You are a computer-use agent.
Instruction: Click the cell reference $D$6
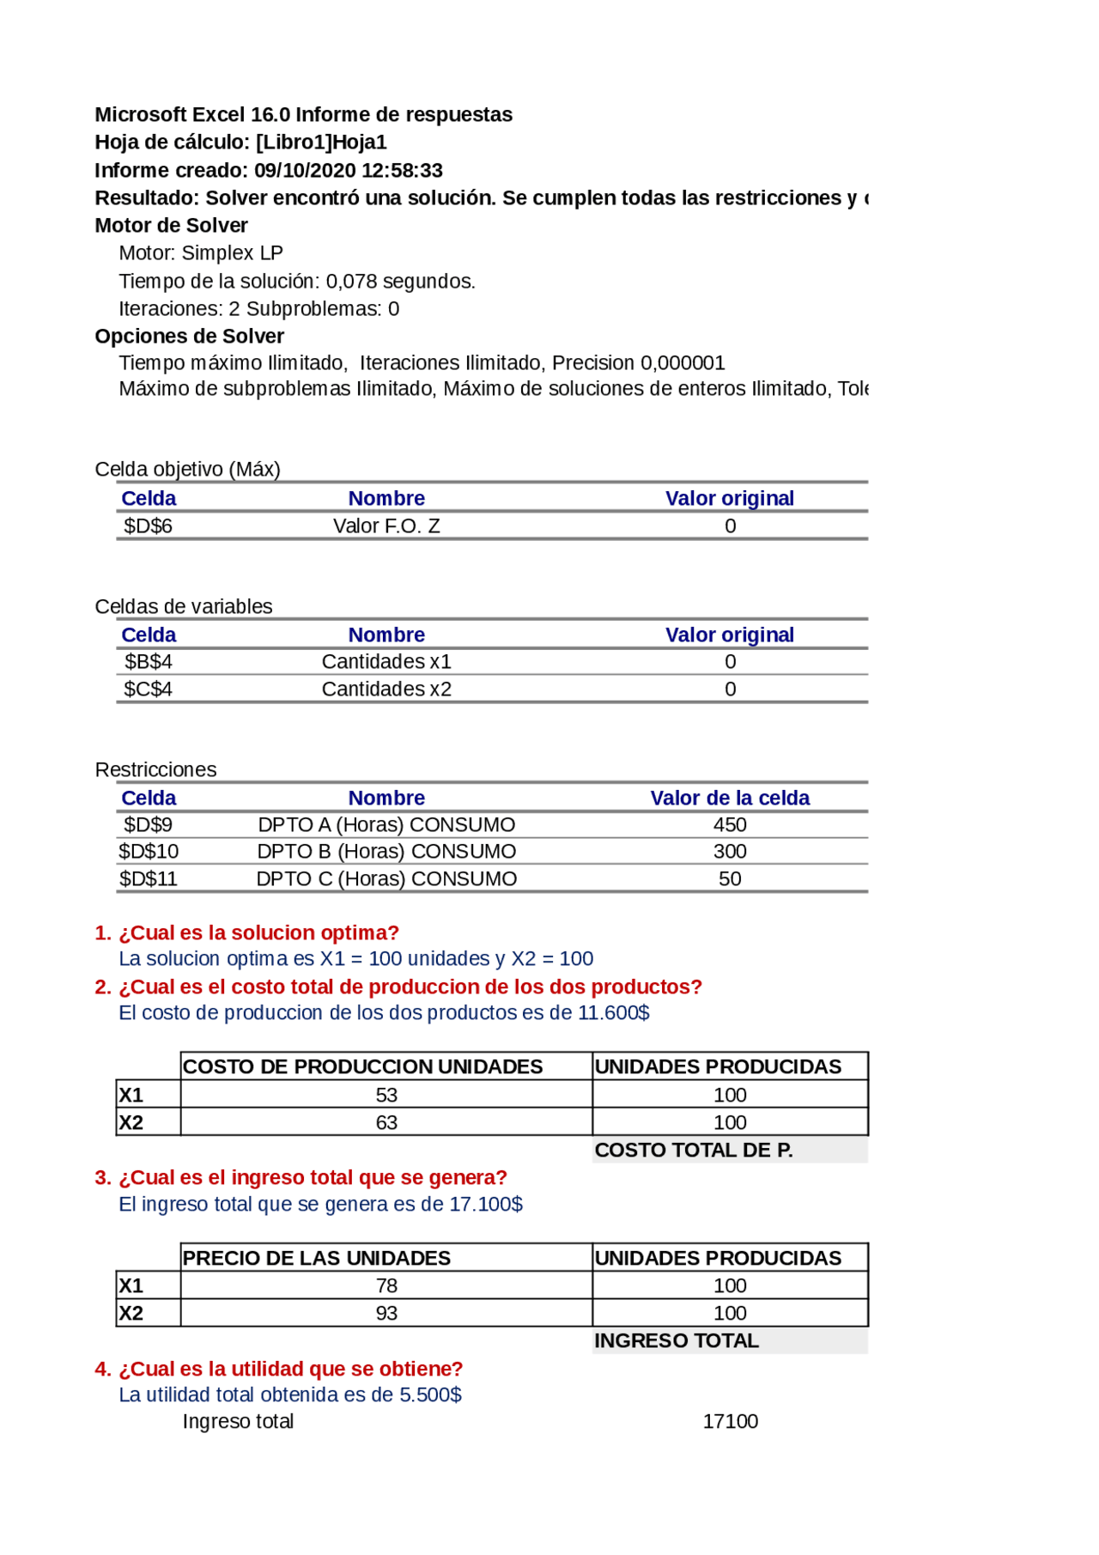[148, 525]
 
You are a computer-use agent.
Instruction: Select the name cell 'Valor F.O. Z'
[386, 525]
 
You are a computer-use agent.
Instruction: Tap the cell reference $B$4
[148, 662]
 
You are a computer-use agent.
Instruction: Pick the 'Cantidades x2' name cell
[386, 689]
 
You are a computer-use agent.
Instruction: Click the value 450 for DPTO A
[730, 825]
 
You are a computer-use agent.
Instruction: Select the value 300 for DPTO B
[730, 852]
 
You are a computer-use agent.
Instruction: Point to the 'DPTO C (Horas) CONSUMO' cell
[386, 879]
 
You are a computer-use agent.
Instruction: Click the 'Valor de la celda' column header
[730, 799]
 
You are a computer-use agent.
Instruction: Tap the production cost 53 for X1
[386, 1096]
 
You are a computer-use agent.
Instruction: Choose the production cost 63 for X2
[386, 1123]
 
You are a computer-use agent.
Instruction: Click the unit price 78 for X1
[386, 1286]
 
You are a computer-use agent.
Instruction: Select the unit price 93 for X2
[386, 1314]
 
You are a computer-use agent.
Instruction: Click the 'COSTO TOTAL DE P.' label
[694, 1151]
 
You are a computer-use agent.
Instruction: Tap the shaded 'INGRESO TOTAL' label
[677, 1341]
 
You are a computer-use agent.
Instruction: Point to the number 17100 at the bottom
[730, 1422]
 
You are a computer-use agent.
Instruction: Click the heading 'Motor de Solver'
[171, 226]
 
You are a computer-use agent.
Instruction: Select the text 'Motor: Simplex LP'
[201, 253]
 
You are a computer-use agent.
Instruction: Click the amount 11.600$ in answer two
[614, 1013]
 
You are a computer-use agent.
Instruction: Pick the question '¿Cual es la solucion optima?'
[258, 933]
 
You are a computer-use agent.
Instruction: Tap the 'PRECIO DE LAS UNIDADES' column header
[317, 1259]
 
